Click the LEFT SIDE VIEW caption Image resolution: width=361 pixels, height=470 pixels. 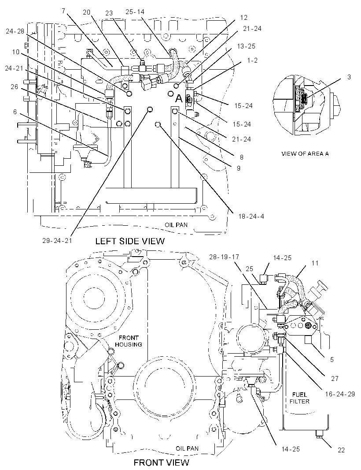click(x=130, y=241)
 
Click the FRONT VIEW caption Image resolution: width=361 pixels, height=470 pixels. click(x=161, y=463)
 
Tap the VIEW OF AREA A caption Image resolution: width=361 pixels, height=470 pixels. click(x=305, y=154)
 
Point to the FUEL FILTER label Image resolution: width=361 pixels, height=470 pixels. click(x=300, y=398)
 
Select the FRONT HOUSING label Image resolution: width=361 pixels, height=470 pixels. click(x=129, y=341)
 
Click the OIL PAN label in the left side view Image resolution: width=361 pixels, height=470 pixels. click(x=176, y=224)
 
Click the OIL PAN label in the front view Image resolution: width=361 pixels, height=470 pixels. click(x=187, y=448)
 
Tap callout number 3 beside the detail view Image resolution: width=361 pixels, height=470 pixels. click(x=349, y=77)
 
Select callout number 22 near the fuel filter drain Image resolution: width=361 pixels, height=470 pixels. click(x=341, y=450)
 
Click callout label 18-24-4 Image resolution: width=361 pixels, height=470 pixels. click(x=251, y=216)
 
